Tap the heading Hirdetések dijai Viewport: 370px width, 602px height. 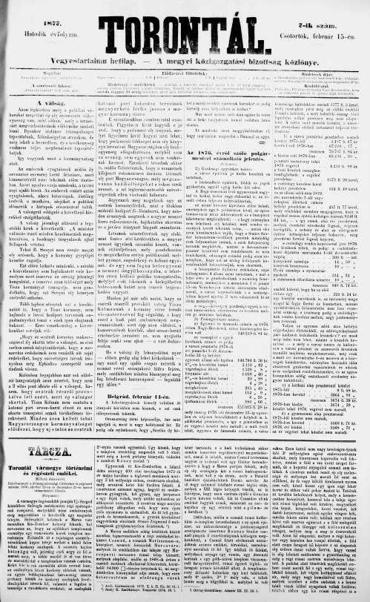pos(320,74)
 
